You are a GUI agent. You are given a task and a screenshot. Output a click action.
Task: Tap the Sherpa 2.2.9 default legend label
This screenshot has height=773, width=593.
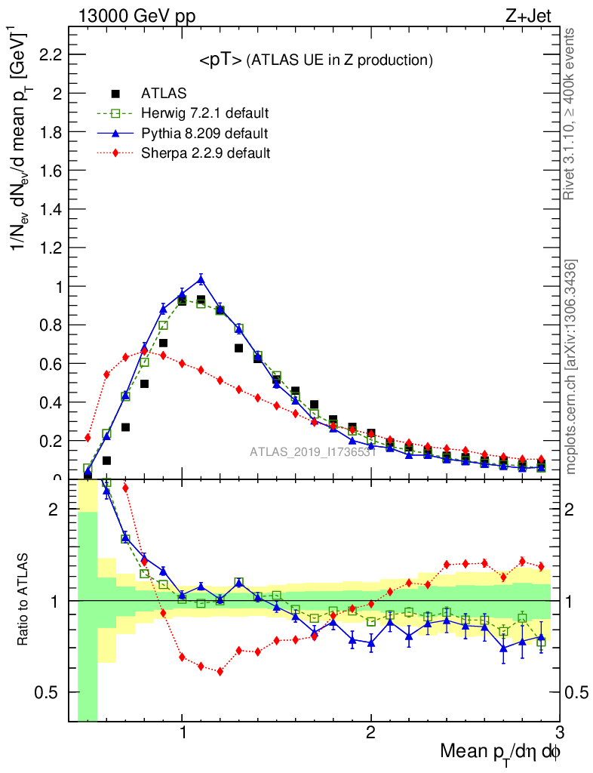click(x=205, y=153)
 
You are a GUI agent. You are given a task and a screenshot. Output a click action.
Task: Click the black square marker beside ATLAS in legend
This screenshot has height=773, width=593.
click(x=115, y=94)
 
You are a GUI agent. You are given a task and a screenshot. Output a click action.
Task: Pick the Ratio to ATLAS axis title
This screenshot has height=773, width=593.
click(x=24, y=601)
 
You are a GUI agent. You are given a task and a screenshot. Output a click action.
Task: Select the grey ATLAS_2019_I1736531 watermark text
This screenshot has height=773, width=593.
click(x=312, y=452)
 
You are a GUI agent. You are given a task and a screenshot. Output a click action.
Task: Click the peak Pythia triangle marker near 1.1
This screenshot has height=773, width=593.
click(x=201, y=279)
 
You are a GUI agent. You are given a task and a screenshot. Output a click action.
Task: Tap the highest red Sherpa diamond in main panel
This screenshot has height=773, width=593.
click(x=144, y=350)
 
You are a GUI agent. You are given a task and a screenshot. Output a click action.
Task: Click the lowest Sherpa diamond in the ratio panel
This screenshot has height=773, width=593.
click(x=220, y=671)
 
